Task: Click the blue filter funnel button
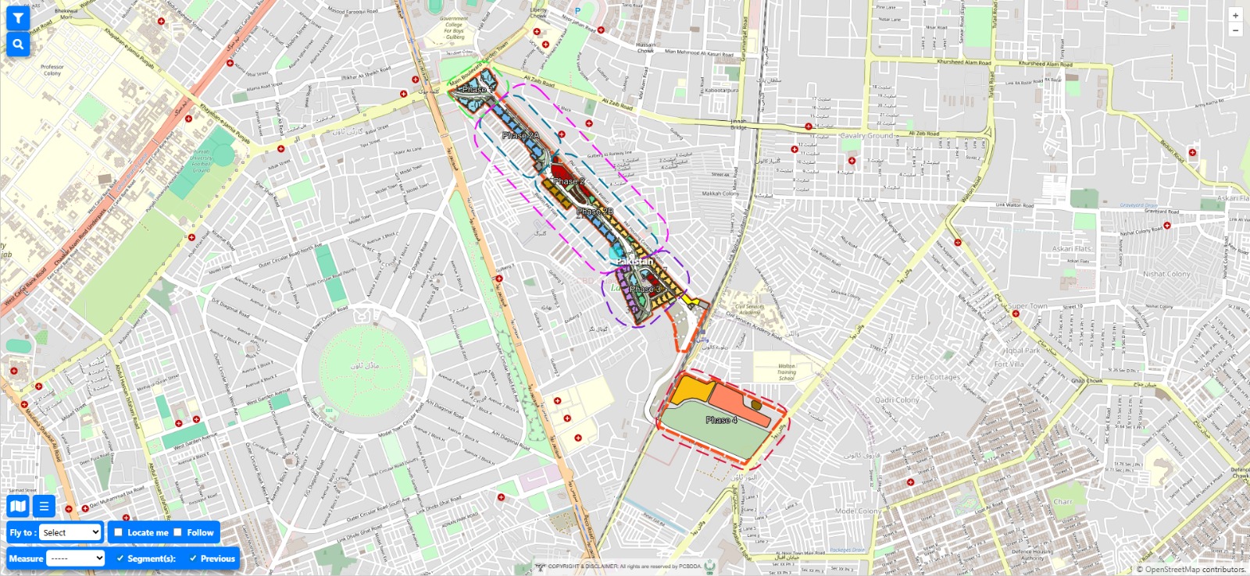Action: pyautogui.click(x=17, y=19)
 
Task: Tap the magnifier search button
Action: pyautogui.click(x=17, y=45)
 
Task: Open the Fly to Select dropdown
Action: pyautogui.click(x=70, y=532)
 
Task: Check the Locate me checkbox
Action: pyautogui.click(x=119, y=532)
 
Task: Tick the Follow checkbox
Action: pyautogui.click(x=178, y=532)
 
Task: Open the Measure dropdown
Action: pyautogui.click(x=75, y=558)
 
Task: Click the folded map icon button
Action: pyautogui.click(x=18, y=507)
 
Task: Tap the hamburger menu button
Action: pyautogui.click(x=44, y=507)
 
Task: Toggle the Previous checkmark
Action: pyautogui.click(x=193, y=558)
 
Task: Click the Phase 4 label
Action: pyautogui.click(x=721, y=420)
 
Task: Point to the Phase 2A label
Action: pyautogui.click(x=520, y=136)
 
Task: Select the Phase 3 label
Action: pyautogui.click(x=645, y=289)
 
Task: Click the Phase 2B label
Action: pyautogui.click(x=595, y=212)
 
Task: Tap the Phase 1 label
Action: pyautogui.click(x=474, y=90)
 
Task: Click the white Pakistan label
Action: pyautogui.click(x=634, y=261)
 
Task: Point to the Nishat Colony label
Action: pyautogui.click(x=1166, y=274)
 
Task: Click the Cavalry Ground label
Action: pyautogui.click(x=868, y=136)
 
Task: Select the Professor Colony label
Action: pyautogui.click(x=52, y=70)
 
